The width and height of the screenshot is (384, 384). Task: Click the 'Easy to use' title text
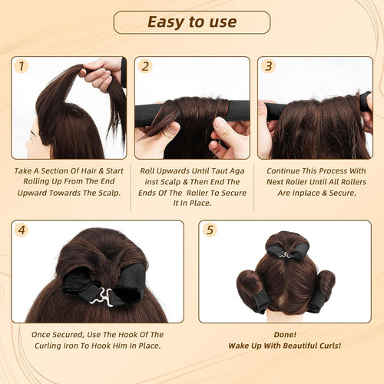(x=192, y=22)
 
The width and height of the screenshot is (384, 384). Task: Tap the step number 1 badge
(x=22, y=66)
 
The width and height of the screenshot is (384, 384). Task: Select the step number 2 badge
(x=145, y=66)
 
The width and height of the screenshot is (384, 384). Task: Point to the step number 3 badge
(x=268, y=66)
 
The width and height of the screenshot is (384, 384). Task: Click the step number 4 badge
(x=22, y=230)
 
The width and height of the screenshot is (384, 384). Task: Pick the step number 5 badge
(x=210, y=230)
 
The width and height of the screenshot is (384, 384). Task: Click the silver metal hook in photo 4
(x=101, y=297)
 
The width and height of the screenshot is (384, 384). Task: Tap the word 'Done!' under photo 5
(x=285, y=335)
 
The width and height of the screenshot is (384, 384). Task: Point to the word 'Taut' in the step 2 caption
(x=220, y=170)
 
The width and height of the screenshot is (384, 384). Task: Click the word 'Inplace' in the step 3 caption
(x=305, y=193)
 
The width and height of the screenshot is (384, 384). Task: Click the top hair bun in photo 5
(x=287, y=244)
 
